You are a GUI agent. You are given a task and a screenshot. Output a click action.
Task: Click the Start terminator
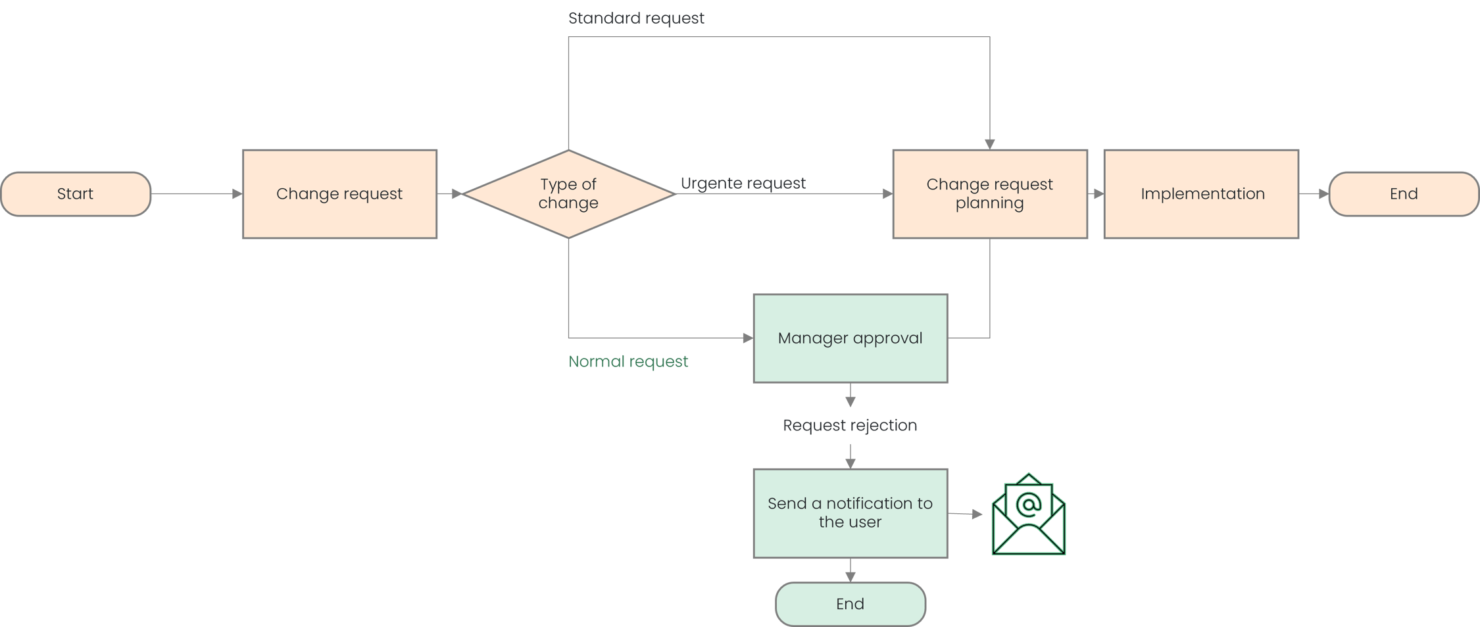(76, 194)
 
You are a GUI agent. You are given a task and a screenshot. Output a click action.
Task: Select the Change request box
(339, 194)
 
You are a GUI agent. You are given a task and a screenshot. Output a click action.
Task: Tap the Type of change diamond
(568, 194)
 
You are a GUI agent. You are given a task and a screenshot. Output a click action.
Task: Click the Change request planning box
(989, 194)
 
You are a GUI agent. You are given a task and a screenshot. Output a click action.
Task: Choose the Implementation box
(1202, 194)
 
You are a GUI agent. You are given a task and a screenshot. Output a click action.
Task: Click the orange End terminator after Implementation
(1403, 194)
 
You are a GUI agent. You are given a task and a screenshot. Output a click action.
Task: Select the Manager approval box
(850, 338)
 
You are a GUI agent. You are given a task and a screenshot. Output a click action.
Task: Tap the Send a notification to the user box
(850, 513)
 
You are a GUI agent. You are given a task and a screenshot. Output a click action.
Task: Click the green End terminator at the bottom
(850, 604)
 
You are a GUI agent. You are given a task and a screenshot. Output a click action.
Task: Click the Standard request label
(636, 18)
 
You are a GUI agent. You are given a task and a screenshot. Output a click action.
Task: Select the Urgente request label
(743, 183)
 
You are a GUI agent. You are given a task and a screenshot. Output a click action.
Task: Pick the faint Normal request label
(629, 361)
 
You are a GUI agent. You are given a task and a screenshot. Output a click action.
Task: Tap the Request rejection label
(850, 426)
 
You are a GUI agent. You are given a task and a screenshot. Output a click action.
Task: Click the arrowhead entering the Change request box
(237, 194)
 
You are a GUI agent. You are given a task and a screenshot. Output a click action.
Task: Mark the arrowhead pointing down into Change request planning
(989, 144)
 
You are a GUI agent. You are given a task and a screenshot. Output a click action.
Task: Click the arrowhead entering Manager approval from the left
(747, 338)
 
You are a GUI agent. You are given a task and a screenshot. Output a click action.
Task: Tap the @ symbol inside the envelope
(1028, 505)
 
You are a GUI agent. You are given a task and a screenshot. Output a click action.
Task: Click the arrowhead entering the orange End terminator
(1323, 194)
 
